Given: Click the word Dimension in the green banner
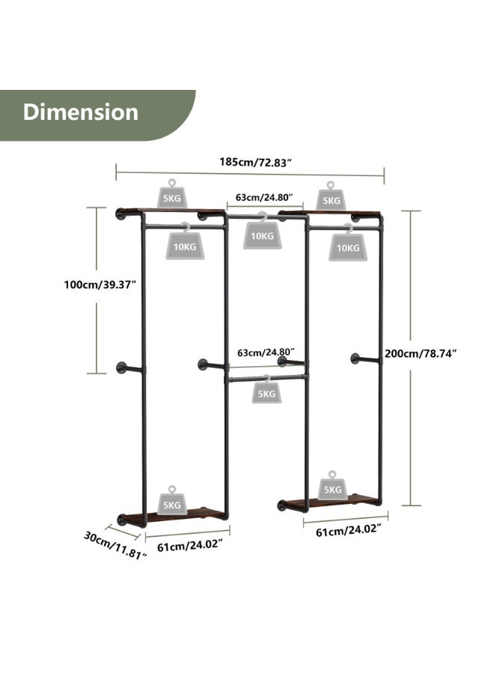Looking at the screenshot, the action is pyautogui.click(x=81, y=112).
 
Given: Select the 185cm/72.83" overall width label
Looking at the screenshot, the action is pyautogui.click(x=256, y=162).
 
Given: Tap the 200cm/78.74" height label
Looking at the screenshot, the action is pyautogui.click(x=420, y=353).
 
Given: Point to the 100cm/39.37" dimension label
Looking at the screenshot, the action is pyautogui.click(x=100, y=285).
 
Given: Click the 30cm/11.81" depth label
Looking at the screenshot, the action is pyautogui.click(x=115, y=545).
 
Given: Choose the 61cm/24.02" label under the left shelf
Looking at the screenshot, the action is pyautogui.click(x=190, y=546).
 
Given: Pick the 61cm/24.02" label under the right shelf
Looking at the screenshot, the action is pyautogui.click(x=349, y=530).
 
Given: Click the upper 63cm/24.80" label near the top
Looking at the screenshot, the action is pyautogui.click(x=264, y=197).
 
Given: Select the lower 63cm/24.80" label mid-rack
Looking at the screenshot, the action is pyautogui.click(x=266, y=353).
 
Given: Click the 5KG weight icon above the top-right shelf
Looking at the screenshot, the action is pyautogui.click(x=331, y=196).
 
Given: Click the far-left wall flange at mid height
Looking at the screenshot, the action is pyautogui.click(x=121, y=368).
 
